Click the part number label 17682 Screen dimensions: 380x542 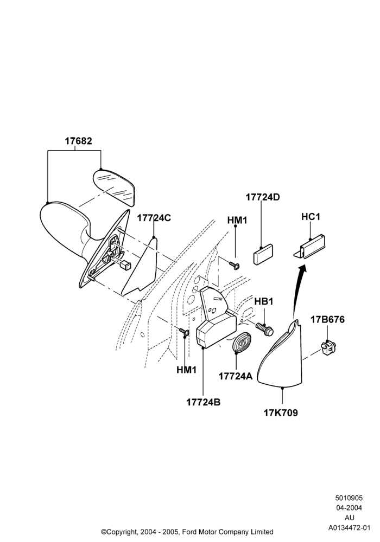79,141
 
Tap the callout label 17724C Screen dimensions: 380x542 154,218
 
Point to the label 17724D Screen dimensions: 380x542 263,197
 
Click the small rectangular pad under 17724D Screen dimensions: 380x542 263,254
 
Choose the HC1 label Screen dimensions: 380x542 311,217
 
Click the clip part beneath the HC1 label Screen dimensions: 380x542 310,246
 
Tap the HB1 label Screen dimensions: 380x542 264,301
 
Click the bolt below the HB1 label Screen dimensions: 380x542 265,329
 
